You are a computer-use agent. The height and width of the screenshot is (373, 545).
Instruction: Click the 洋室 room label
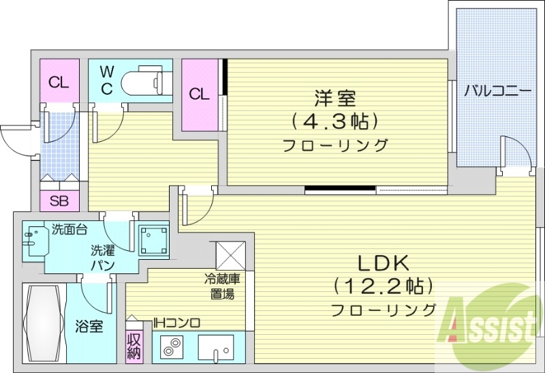(334, 98)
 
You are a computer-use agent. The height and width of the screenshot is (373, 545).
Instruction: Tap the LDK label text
(383, 263)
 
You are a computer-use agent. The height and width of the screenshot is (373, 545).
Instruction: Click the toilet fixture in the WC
(146, 83)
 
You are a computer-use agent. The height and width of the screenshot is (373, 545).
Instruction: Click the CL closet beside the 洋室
(199, 94)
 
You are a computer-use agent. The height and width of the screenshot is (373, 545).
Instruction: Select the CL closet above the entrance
(59, 83)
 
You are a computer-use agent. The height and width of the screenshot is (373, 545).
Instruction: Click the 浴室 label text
(89, 326)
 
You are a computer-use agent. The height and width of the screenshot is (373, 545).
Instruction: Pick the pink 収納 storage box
(134, 344)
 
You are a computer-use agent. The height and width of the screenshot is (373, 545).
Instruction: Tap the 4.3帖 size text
(334, 121)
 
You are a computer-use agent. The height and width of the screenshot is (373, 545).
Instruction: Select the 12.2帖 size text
(383, 285)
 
